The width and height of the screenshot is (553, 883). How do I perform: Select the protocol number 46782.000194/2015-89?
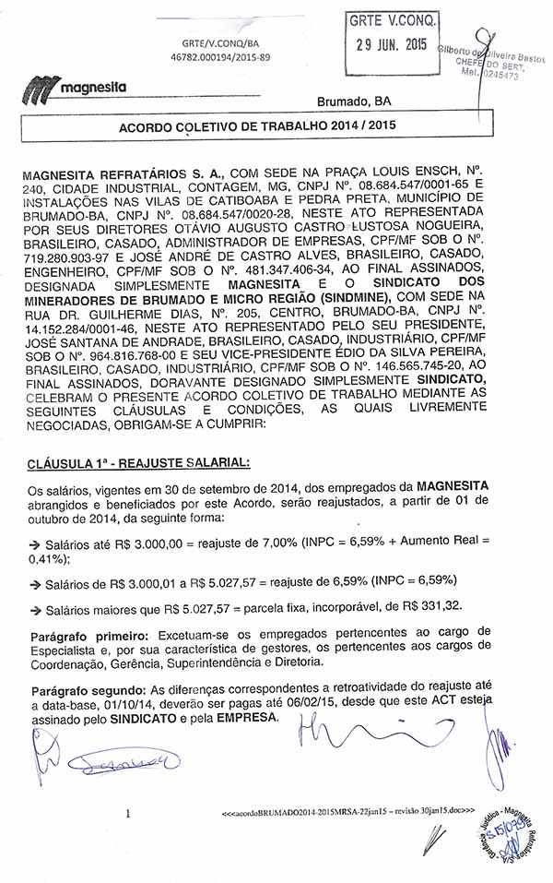click(x=220, y=57)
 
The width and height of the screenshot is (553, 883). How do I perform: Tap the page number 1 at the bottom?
click(x=128, y=814)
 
